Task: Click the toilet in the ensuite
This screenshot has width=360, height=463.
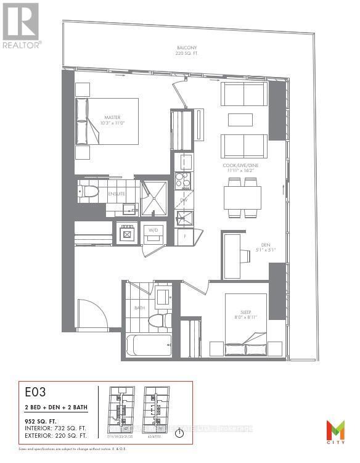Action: (x=88, y=192)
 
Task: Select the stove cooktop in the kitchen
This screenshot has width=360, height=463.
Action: (x=183, y=179)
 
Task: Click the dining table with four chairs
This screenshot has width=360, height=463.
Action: (x=242, y=198)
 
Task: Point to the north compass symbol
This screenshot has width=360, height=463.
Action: (x=179, y=433)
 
